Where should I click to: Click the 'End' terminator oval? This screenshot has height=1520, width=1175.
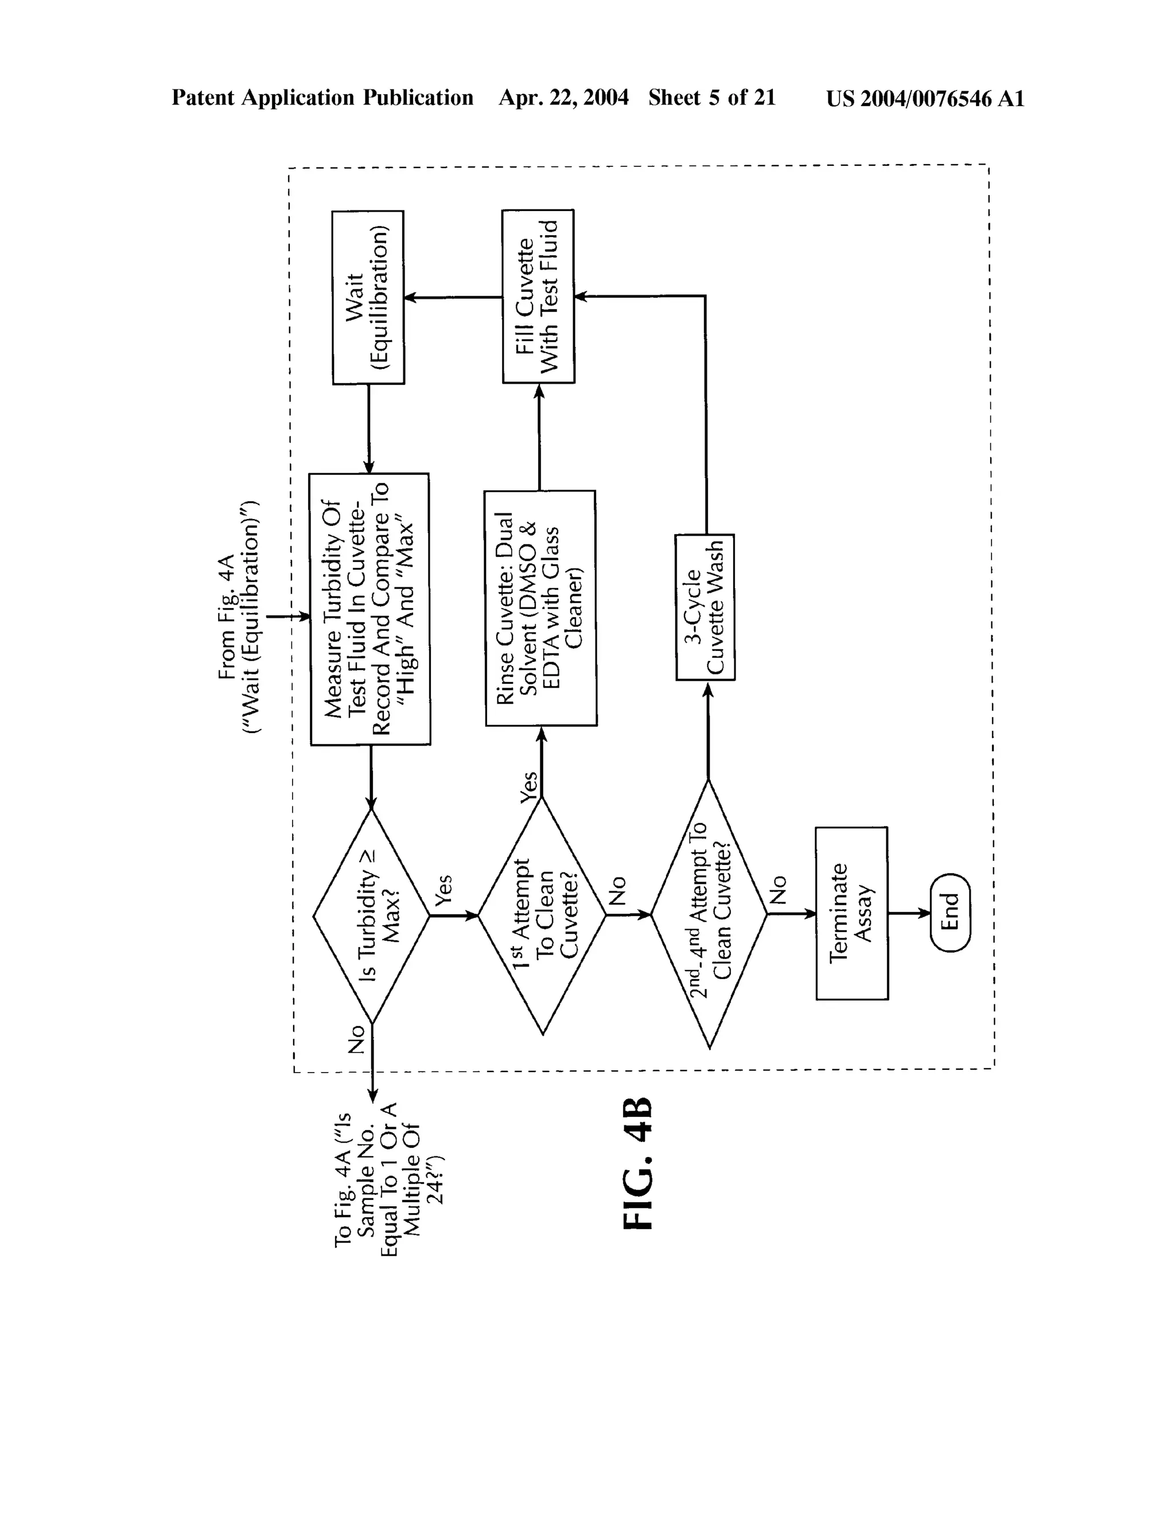click(x=950, y=913)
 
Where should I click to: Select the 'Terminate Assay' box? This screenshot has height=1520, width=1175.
click(x=851, y=913)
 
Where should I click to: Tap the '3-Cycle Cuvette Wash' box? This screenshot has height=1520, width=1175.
click(x=705, y=607)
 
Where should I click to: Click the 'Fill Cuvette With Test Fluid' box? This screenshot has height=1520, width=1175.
click(x=538, y=297)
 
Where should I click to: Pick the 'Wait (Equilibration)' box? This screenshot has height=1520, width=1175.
click(x=368, y=297)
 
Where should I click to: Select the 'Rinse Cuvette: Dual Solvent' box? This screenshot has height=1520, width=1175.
click(x=540, y=608)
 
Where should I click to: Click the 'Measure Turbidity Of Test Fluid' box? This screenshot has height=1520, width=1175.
click(x=369, y=609)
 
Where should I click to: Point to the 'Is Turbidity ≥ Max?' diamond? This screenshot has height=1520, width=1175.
click(x=371, y=916)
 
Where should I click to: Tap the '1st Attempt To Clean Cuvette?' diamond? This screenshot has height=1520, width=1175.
click(x=542, y=916)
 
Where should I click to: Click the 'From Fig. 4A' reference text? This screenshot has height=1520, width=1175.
click(x=238, y=617)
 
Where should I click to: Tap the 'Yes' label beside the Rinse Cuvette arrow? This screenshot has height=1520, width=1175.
click(x=529, y=786)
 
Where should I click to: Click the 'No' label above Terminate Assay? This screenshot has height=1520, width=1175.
click(x=778, y=890)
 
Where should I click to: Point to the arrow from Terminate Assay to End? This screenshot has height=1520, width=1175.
click(x=909, y=913)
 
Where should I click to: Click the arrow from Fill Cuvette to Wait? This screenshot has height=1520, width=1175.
click(x=453, y=297)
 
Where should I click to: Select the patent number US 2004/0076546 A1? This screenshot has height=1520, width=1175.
click(x=925, y=98)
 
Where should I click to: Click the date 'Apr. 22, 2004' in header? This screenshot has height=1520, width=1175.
click(x=563, y=98)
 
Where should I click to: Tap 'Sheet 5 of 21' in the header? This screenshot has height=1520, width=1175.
click(x=711, y=98)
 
